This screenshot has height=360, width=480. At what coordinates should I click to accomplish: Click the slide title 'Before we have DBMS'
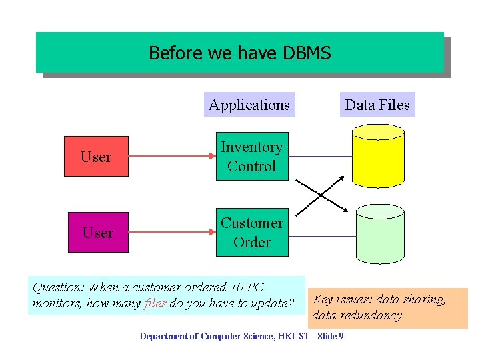click(x=239, y=53)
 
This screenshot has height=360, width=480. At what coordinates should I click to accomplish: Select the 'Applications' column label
click(x=249, y=105)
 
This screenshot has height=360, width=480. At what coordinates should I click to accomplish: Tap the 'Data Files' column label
click(x=377, y=105)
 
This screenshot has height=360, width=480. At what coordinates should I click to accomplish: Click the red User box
click(x=96, y=157)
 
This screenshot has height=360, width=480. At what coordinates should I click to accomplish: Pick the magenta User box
click(x=97, y=233)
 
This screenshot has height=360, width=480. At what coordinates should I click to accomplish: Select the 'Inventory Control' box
click(x=252, y=157)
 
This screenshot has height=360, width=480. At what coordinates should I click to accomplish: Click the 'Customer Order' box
click(x=252, y=233)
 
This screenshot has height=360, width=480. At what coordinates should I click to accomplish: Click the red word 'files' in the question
click(x=155, y=304)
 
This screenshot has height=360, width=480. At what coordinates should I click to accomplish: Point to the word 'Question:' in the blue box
click(x=59, y=287)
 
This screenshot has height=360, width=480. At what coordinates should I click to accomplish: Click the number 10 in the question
click(x=236, y=287)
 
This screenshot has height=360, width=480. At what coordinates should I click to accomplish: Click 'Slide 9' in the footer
click(x=331, y=336)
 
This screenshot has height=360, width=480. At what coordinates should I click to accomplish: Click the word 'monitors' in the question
click(x=53, y=304)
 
